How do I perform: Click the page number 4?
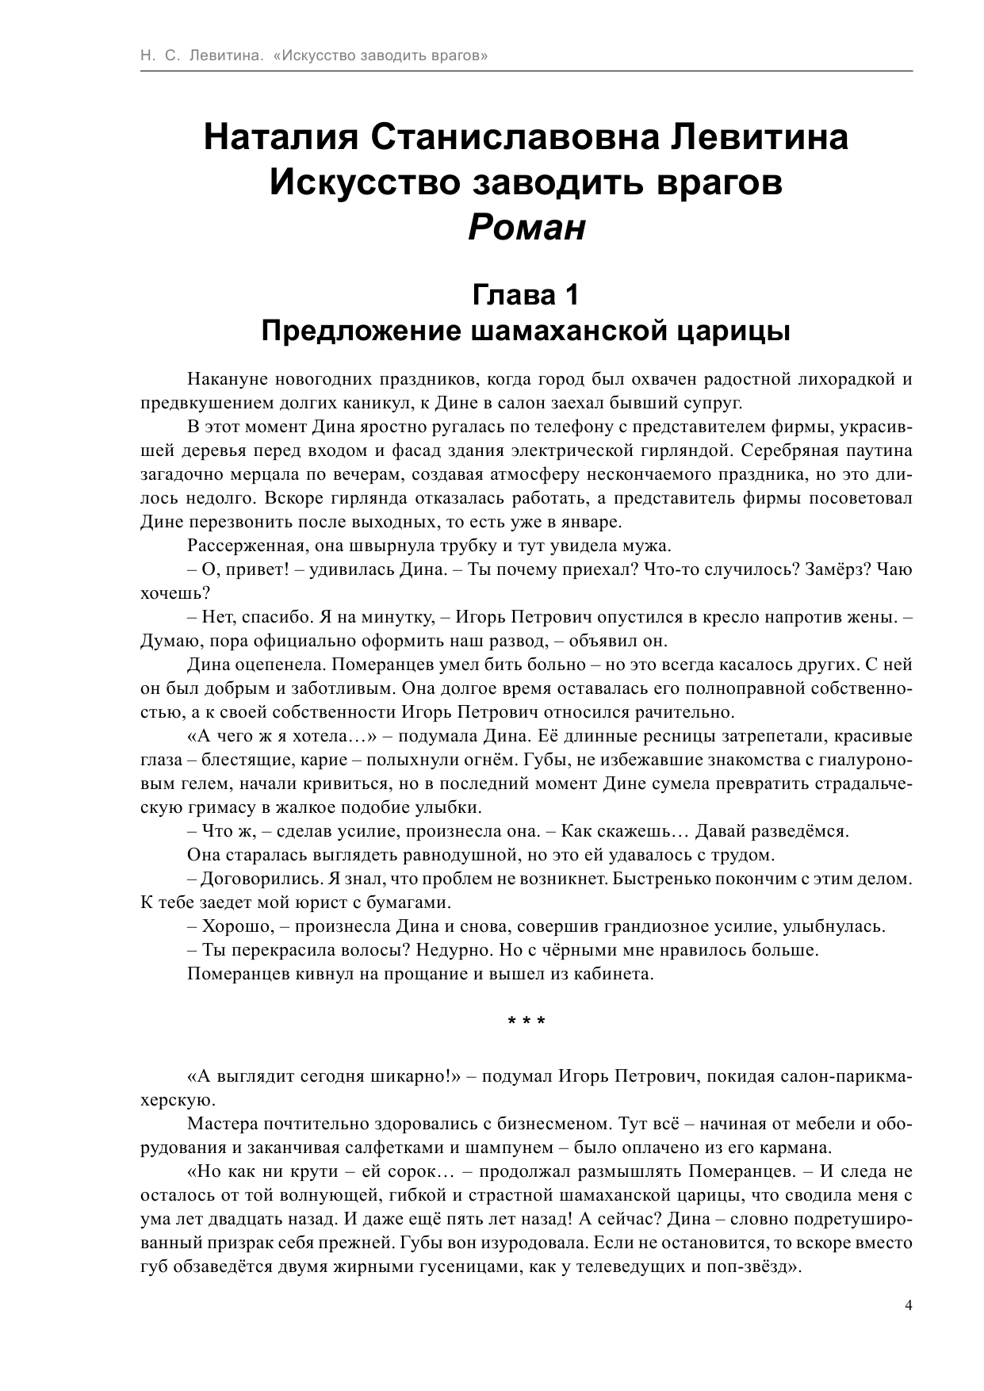coord(909,1305)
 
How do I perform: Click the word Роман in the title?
coord(526,228)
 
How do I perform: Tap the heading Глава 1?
coord(526,295)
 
